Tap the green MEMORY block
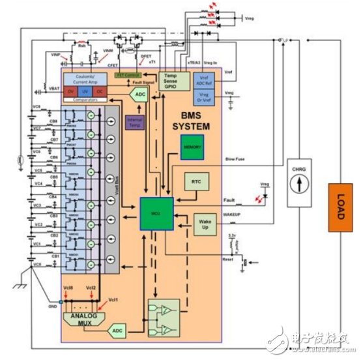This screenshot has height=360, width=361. pos(193,147)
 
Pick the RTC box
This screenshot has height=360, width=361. pos(195,180)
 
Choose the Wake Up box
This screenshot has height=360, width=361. pos(204,224)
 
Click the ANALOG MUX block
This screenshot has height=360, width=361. pos(81,320)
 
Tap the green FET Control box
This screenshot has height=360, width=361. pos(128,75)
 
